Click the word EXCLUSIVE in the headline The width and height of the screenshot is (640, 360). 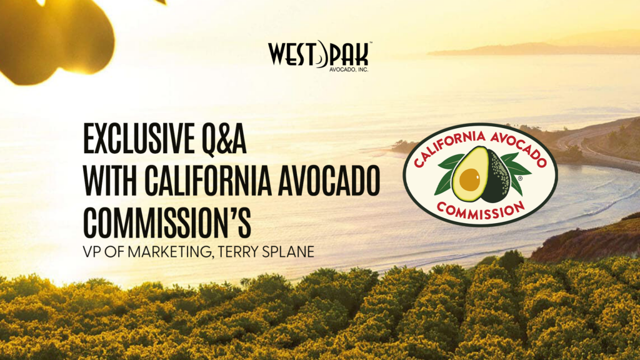139,139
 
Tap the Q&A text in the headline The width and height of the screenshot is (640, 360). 224,139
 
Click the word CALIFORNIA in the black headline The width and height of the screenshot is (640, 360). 207,181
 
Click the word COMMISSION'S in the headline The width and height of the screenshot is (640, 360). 167,223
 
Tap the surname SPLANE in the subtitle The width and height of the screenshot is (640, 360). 287,252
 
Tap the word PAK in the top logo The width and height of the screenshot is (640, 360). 349,54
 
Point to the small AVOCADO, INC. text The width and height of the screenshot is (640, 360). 349,69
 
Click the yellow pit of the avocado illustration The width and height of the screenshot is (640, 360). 469,179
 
